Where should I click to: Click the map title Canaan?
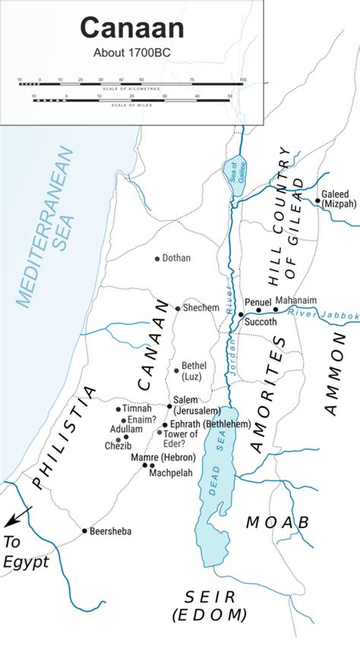pos(131,29)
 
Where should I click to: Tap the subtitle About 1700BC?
pos(131,54)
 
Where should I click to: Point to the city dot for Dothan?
pos(157,259)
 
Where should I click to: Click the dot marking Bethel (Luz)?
pos(177,371)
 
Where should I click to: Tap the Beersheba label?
pos(110,531)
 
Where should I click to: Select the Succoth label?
pos(261,321)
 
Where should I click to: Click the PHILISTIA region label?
pos(65,439)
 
